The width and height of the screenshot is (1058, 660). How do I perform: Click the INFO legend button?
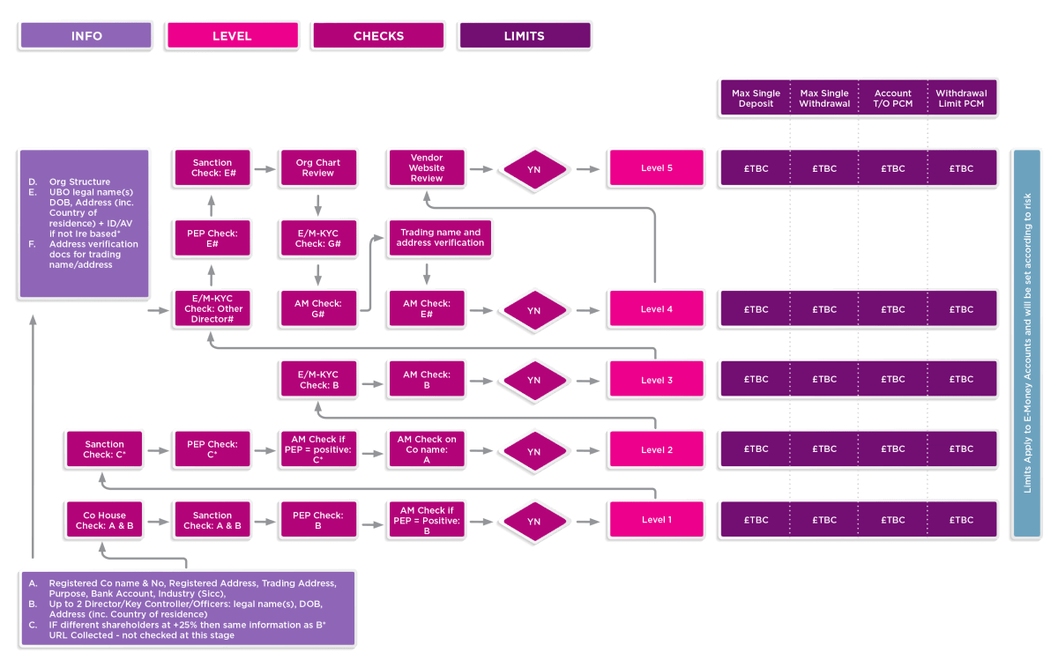pos(86,36)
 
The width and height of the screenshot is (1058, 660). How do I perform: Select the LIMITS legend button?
pos(524,36)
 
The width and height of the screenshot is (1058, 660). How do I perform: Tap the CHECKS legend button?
pos(378,36)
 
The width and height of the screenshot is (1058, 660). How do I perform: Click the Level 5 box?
pos(657,167)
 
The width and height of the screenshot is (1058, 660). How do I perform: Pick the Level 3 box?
pos(657,380)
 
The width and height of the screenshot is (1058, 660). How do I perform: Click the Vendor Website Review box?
pos(427,167)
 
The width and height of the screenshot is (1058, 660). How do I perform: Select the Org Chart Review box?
pos(317,167)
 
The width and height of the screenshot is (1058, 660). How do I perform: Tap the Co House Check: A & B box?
pos(105,520)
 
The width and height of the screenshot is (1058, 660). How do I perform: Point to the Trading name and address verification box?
pos(440,238)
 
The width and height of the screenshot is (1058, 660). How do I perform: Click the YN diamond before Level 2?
pos(533,451)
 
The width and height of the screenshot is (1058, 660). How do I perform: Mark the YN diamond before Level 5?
pos(533,168)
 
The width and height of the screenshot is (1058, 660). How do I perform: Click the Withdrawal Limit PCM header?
pos(961,98)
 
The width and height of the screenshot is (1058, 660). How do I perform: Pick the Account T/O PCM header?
pos(892,98)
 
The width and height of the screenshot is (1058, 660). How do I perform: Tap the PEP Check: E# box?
pos(212,238)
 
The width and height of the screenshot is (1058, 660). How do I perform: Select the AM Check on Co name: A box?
pos(427,449)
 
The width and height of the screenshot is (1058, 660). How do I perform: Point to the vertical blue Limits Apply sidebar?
pos(1027,344)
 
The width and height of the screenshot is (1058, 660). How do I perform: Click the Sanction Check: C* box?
pos(105,449)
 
